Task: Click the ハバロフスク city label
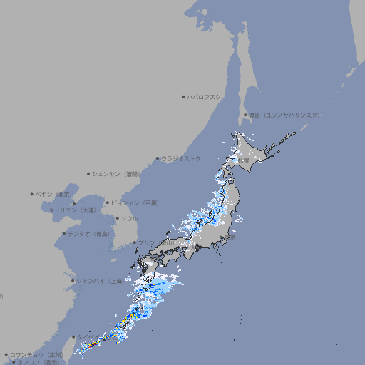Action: tap(205, 96)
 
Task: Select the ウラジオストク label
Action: tap(181, 158)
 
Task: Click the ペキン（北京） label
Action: tap(56, 194)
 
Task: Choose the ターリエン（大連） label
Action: tap(72, 210)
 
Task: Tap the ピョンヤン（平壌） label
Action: tap(135, 202)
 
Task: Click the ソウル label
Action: tap(129, 218)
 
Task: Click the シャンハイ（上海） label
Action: tap(99, 281)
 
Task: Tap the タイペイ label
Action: tap(85, 336)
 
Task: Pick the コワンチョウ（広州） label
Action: tap(36, 354)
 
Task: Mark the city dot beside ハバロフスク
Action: tap(183, 96)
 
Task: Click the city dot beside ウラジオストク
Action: tap(158, 158)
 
